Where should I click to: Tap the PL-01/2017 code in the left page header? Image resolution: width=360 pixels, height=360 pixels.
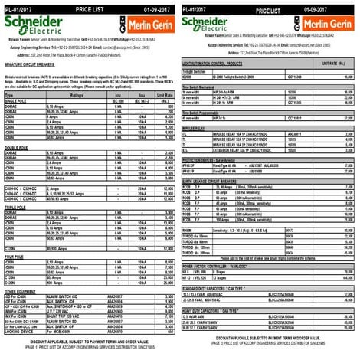click(x=21, y=5)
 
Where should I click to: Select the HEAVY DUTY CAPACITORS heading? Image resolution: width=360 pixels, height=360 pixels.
click(x=222, y=309)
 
